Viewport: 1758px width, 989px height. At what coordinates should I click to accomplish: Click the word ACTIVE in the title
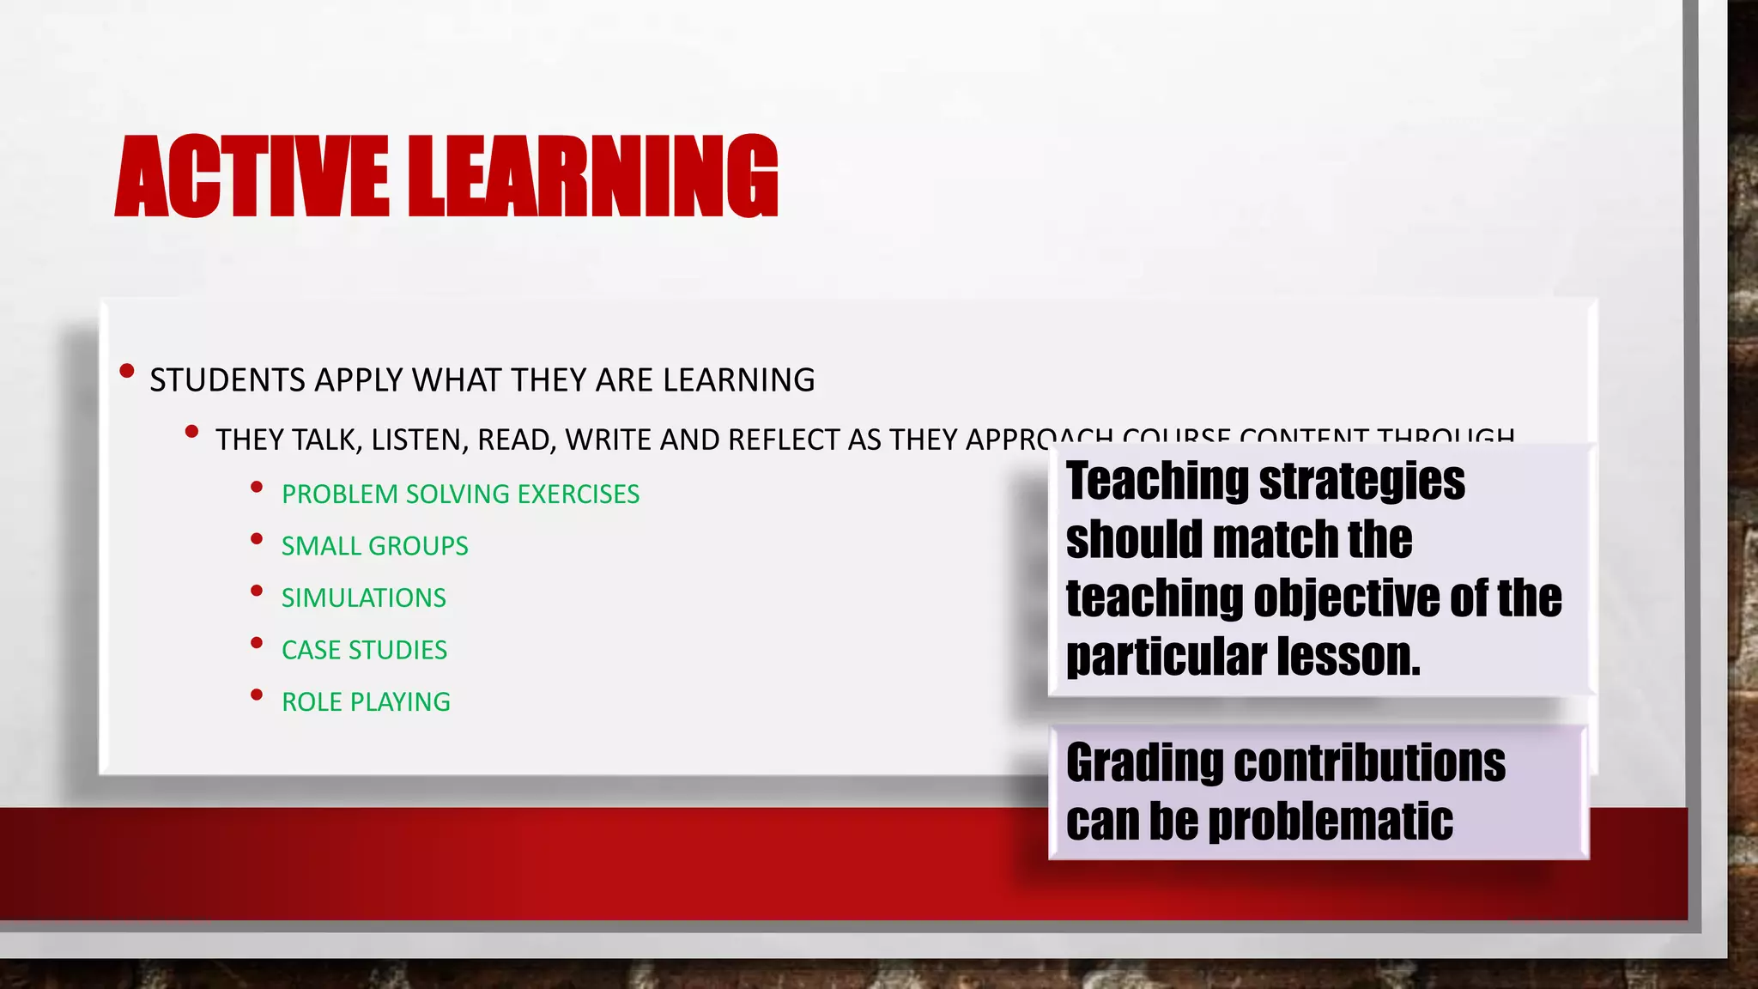click(x=252, y=176)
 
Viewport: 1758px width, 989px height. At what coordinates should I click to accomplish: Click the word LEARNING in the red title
click(x=592, y=176)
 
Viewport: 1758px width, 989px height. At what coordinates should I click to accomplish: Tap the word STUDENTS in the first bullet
click(x=227, y=380)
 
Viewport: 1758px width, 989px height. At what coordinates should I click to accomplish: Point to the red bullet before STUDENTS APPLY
click(x=127, y=372)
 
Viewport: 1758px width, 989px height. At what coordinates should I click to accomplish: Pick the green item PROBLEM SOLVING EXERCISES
click(x=460, y=494)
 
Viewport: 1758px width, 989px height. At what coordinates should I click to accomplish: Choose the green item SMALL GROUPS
click(x=374, y=546)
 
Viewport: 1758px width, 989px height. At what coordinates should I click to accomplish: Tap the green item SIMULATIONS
click(x=363, y=598)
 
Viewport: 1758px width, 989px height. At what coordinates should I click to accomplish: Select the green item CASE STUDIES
click(x=364, y=650)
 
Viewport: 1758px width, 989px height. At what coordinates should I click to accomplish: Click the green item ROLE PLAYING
click(x=366, y=702)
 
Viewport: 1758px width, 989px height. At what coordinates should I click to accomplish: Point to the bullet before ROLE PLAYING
click(x=256, y=695)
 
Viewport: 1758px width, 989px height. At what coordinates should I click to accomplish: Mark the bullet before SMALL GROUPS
click(x=256, y=539)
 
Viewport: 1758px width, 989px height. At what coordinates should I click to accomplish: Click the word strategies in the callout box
click(x=1362, y=481)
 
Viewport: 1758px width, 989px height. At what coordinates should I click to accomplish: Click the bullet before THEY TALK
click(x=192, y=432)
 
